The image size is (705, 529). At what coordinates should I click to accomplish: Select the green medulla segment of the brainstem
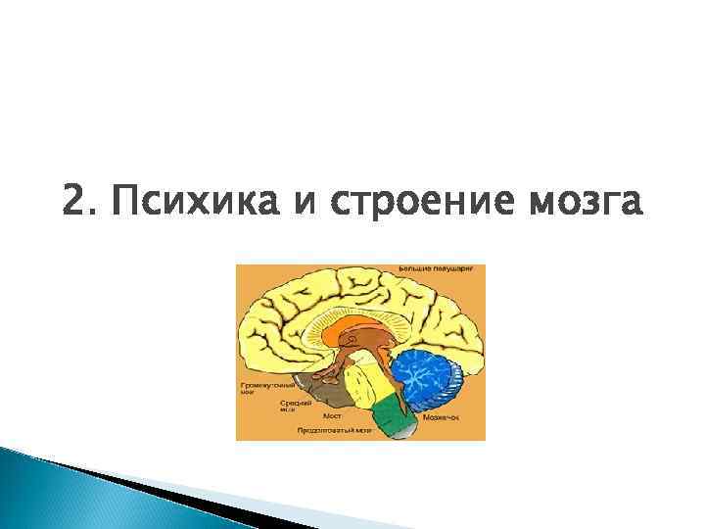(393, 412)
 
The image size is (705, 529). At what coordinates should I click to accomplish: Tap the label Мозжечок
(441, 416)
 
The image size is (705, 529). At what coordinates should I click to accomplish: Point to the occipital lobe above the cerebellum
(446, 323)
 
